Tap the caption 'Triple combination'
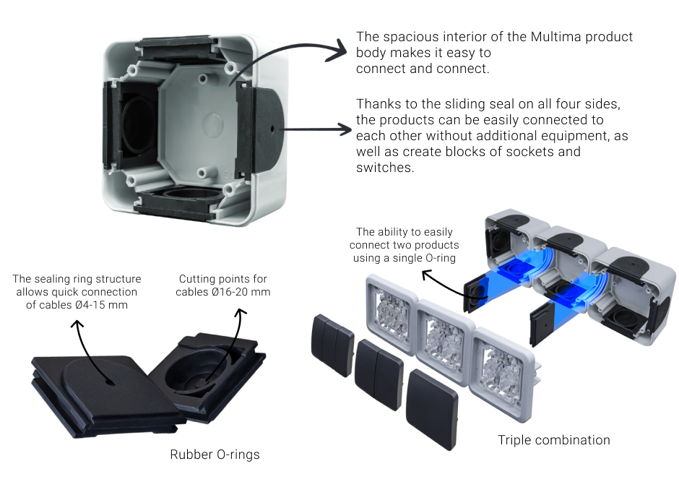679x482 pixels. pyautogui.click(x=554, y=440)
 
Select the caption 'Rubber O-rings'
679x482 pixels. pyautogui.click(x=215, y=455)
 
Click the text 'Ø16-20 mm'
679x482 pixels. pyautogui.click(x=241, y=292)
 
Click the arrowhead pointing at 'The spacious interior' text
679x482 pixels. pyautogui.click(x=339, y=51)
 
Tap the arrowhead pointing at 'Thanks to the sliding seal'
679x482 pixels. pyautogui.click(x=345, y=129)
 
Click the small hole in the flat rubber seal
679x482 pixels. pyautogui.click(x=110, y=382)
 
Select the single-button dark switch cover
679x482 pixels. pyautogui.click(x=432, y=409)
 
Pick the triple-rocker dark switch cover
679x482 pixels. pyautogui.click(x=332, y=345)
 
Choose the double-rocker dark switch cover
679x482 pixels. pyautogui.click(x=379, y=374)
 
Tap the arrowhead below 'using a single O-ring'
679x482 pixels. pyautogui.click(x=427, y=274)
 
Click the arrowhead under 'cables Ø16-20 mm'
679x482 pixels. pyautogui.click(x=241, y=312)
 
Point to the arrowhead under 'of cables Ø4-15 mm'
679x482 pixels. pyautogui.click(x=77, y=324)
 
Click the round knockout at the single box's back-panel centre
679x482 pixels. pyautogui.click(x=212, y=124)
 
